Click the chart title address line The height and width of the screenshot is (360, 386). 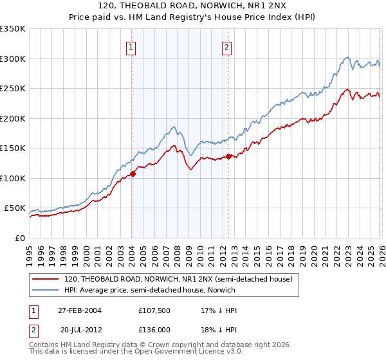point(193,6)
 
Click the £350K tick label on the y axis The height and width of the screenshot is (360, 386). point(13,29)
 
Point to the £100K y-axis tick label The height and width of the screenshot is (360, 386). point(13,178)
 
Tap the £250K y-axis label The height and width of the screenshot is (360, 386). point(13,89)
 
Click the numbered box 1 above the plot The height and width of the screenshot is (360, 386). point(131,46)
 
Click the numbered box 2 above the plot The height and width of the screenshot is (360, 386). point(228,46)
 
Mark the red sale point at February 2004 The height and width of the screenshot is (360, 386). point(133,174)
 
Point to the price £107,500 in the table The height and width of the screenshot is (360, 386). point(154,310)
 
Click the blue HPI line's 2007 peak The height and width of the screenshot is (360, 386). point(174,127)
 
